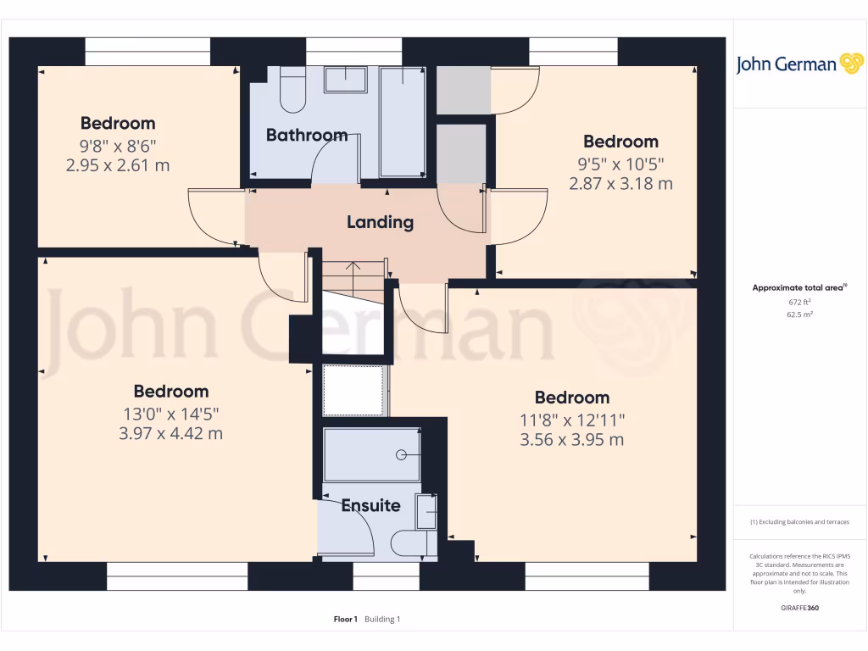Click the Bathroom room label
point(306,135)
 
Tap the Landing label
point(380,222)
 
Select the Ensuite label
point(370,506)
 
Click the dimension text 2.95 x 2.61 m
point(118,164)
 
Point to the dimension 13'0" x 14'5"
point(170,415)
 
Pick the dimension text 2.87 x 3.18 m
point(620,183)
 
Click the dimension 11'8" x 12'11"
point(571,420)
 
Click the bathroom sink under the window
point(345,81)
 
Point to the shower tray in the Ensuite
point(372,455)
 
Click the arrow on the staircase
point(353,270)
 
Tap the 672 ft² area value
point(800,302)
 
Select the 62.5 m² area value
point(800,314)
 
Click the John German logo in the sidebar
point(799,64)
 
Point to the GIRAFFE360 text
point(800,608)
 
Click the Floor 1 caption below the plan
point(346,620)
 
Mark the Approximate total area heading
point(798,288)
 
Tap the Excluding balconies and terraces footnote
point(799,522)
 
